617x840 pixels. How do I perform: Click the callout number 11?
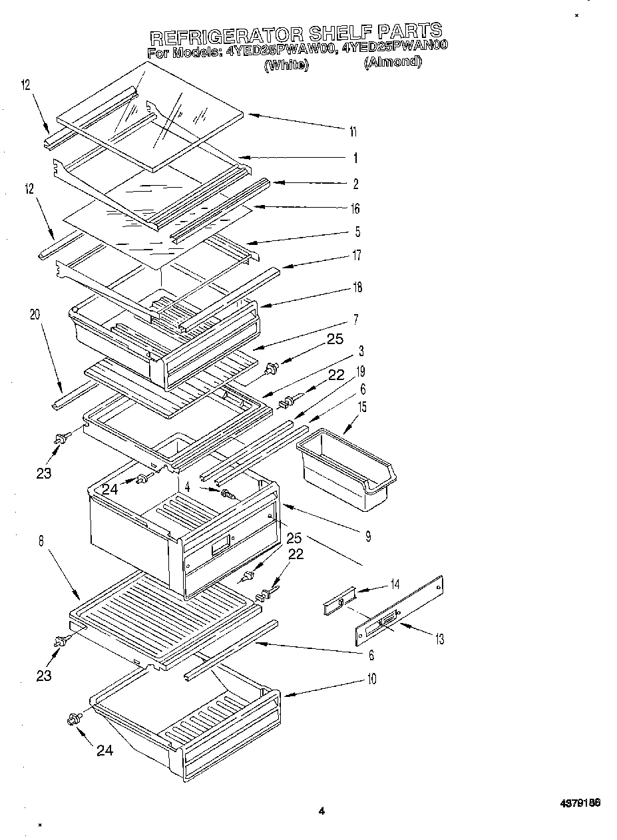[x=353, y=132]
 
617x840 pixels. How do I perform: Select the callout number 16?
[x=355, y=209]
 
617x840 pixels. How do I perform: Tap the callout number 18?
[x=357, y=288]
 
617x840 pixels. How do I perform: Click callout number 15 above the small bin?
[x=362, y=405]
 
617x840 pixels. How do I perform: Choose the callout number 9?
[x=367, y=536]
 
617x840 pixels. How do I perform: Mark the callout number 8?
[x=41, y=542]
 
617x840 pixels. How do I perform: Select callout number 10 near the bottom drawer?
[x=371, y=679]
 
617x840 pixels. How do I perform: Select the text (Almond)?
[x=393, y=62]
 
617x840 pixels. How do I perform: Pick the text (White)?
[x=286, y=65]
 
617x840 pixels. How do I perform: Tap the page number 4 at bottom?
[x=321, y=811]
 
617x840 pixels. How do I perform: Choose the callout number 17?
[x=356, y=254]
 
